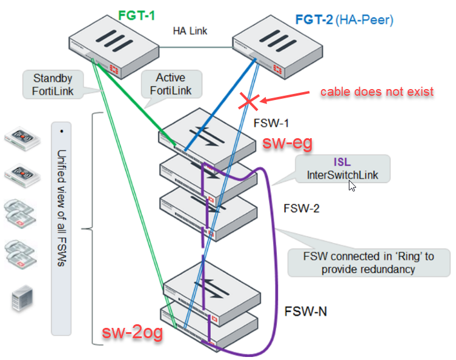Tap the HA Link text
(x=190, y=30)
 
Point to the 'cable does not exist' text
(x=377, y=92)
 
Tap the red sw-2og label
(x=132, y=333)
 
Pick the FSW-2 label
(x=302, y=209)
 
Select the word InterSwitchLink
(x=343, y=175)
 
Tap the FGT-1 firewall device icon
(x=104, y=45)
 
